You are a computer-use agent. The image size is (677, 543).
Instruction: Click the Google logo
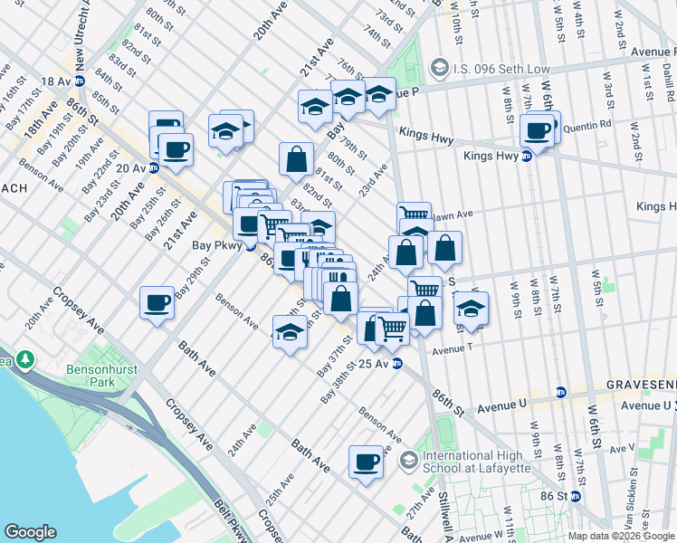(30, 532)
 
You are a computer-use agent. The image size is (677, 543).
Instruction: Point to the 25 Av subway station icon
(397, 364)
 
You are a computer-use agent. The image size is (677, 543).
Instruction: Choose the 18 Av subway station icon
(80, 81)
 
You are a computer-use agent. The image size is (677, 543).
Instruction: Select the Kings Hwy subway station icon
(527, 156)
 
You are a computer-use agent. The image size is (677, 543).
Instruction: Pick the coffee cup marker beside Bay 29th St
(157, 302)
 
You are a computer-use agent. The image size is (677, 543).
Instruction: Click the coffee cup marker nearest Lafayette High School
(367, 461)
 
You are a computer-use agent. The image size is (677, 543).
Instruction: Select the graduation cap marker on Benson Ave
(290, 332)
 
